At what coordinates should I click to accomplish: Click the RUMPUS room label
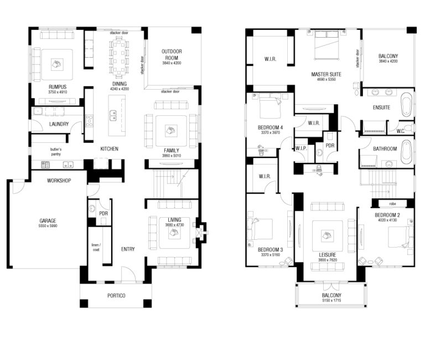(x=58, y=87)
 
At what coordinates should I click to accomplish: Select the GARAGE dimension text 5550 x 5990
(x=48, y=226)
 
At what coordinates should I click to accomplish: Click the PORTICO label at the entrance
(x=116, y=296)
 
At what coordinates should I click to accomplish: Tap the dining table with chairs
(x=120, y=57)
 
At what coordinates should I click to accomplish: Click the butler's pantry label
(x=55, y=152)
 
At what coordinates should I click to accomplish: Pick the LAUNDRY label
(x=59, y=124)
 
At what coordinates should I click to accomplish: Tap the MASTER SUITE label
(x=326, y=74)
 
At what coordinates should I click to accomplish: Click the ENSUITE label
(x=381, y=107)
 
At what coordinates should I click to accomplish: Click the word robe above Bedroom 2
(x=392, y=203)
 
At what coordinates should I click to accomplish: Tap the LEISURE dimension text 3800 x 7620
(x=326, y=260)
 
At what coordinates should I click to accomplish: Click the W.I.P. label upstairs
(x=301, y=148)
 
